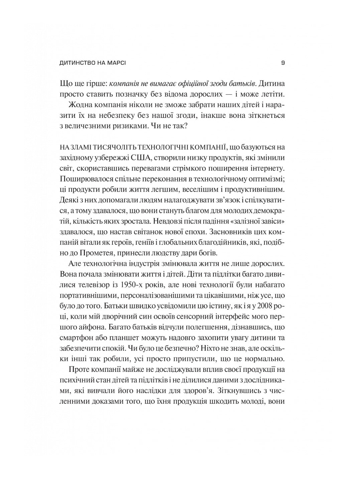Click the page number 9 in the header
pyautogui.click(x=283, y=63)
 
